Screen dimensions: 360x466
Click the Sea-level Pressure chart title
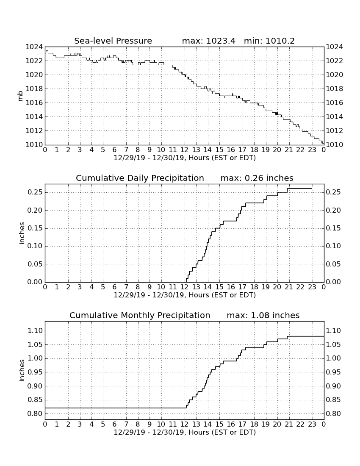113,41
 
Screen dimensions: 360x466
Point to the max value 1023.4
221,41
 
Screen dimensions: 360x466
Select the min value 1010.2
280,41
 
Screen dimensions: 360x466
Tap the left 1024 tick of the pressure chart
34,47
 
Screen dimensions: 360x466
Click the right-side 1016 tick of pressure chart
335,103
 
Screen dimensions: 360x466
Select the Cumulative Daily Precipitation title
140,178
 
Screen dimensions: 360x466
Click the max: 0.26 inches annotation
257,178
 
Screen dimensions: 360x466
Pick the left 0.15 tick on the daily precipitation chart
35,228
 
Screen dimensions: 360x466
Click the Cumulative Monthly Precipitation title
140,315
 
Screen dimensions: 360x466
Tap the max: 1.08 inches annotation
263,315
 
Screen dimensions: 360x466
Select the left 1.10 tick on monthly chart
35,331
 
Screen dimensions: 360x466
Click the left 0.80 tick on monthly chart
35,414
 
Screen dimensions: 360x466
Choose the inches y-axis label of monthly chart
21,370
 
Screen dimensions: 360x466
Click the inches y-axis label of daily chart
21,233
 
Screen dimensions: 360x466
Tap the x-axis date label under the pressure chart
185,158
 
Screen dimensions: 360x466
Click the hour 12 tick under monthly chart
185,424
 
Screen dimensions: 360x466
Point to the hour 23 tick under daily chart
312,287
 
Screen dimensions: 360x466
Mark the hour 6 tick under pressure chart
115,150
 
